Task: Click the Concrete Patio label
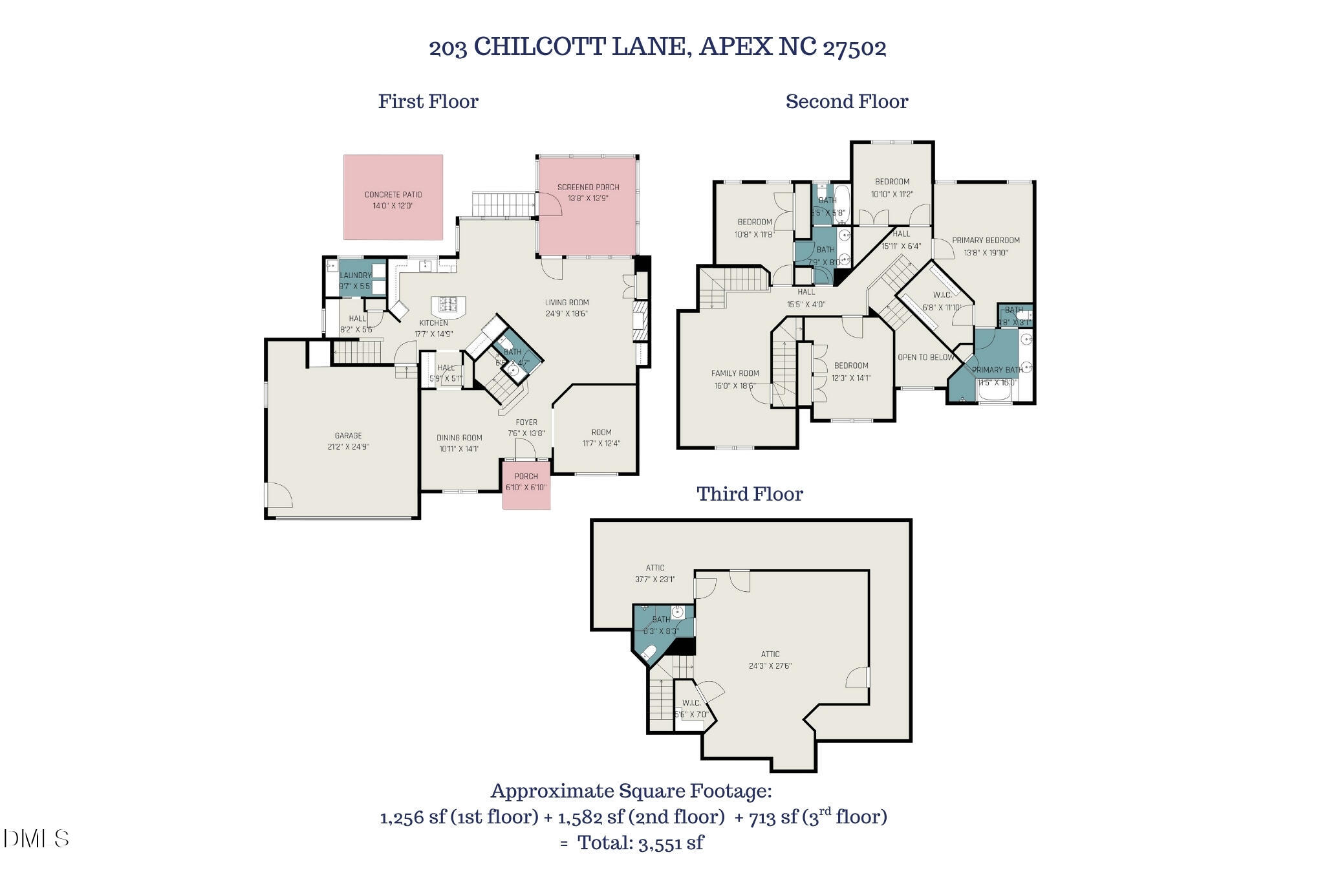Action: click(x=393, y=195)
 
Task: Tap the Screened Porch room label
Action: click(x=588, y=188)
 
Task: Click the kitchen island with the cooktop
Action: click(x=448, y=306)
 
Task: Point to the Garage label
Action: click(x=348, y=436)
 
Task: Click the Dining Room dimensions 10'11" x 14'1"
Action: click(x=459, y=449)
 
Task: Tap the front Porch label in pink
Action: click(x=526, y=477)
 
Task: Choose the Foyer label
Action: click(x=526, y=422)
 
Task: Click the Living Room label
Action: click(x=567, y=303)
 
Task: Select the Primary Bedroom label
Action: click(x=986, y=241)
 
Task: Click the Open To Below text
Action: click(x=925, y=358)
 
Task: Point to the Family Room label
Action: click(x=735, y=374)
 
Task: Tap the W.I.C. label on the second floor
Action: click(x=942, y=296)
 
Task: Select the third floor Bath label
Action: click(x=661, y=620)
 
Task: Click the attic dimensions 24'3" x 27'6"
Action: click(x=770, y=666)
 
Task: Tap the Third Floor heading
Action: click(x=750, y=494)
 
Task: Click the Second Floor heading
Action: click(x=847, y=102)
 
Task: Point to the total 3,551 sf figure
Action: click(x=670, y=843)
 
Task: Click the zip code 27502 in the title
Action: click(x=854, y=47)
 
